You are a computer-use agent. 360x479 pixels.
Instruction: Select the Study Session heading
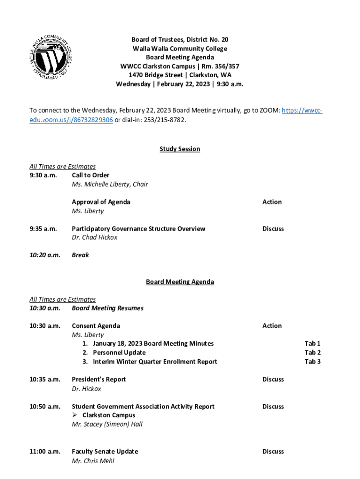180,149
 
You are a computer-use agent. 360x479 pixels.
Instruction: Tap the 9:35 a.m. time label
43,229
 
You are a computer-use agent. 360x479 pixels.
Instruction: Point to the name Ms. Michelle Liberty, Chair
110,184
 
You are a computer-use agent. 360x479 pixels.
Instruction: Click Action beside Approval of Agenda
272,202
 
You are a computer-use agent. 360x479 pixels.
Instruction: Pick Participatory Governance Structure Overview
138,229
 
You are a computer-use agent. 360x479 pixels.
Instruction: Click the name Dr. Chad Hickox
94,238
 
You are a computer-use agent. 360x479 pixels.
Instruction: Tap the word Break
80,255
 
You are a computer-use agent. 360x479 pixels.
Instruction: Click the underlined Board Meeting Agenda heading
180,282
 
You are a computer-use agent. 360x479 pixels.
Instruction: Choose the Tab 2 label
312,353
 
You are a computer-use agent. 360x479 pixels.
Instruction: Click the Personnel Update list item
119,353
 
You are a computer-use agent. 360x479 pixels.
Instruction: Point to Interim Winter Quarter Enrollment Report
155,362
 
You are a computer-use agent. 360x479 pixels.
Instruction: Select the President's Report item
99,379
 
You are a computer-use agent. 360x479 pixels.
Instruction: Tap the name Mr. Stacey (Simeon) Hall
107,424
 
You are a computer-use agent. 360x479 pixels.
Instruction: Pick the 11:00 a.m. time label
45,451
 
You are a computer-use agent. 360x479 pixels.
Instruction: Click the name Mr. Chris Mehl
93,461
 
